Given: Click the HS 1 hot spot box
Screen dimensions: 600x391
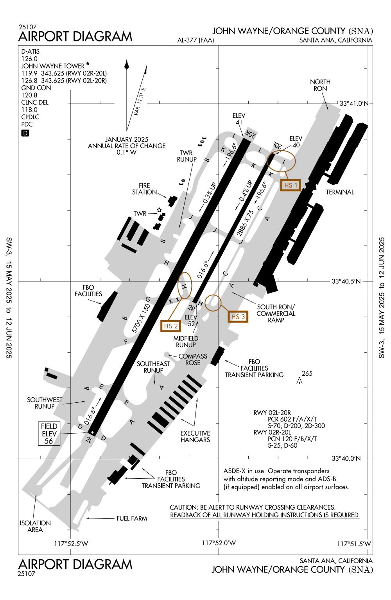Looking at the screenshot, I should [x=291, y=186].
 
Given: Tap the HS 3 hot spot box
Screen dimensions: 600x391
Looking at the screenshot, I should [x=238, y=317].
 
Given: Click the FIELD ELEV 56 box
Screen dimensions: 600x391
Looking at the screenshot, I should [x=49, y=433].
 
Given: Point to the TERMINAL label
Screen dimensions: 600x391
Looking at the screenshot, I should [x=340, y=192].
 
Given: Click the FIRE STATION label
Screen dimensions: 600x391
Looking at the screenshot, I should [x=141, y=189].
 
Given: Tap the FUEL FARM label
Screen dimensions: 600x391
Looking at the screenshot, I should [x=131, y=519].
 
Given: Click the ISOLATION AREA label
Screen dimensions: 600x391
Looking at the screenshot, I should [x=35, y=526].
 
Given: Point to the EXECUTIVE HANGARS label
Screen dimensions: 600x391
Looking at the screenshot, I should [x=195, y=436].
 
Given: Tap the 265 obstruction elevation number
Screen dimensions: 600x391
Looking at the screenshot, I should [x=307, y=373].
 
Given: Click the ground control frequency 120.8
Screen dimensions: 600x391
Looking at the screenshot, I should [x=29, y=95].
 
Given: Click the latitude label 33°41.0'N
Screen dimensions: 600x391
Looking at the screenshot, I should [x=353, y=104].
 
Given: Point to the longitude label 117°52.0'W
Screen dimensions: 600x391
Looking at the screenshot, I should [x=219, y=543].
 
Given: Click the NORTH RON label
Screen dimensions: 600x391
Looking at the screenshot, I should [x=320, y=85].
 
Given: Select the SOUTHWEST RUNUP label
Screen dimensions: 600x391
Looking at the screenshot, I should [x=45, y=403].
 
